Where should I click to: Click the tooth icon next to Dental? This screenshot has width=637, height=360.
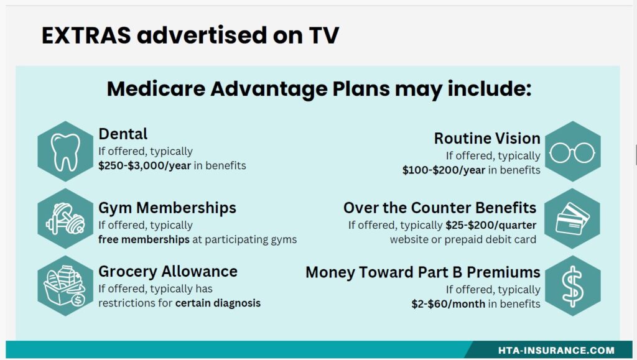[65, 151]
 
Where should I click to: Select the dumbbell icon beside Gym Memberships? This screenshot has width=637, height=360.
[65, 219]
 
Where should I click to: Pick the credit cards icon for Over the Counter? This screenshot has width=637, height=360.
[572, 219]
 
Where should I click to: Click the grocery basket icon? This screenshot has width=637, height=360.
[65, 286]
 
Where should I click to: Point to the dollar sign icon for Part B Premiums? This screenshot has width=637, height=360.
[572, 286]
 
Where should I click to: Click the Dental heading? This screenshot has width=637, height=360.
[123, 134]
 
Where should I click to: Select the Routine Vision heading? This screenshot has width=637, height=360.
[487, 139]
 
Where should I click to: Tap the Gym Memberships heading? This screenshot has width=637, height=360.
[167, 208]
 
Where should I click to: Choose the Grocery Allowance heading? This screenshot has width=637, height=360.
[168, 272]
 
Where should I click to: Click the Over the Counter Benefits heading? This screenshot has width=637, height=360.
[440, 208]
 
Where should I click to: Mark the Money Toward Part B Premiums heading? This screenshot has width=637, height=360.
[423, 272]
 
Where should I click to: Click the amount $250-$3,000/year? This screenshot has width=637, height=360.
[144, 165]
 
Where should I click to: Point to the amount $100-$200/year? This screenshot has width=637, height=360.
[444, 170]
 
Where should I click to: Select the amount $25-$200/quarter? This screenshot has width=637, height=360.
[491, 225]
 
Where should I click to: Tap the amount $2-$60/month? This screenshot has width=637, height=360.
[448, 304]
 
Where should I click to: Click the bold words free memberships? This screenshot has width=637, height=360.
[144, 239]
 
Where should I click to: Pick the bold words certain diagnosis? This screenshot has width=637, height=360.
[218, 303]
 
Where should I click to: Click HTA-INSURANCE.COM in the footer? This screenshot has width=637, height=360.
[556, 350]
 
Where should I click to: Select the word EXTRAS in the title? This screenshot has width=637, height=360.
[86, 35]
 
